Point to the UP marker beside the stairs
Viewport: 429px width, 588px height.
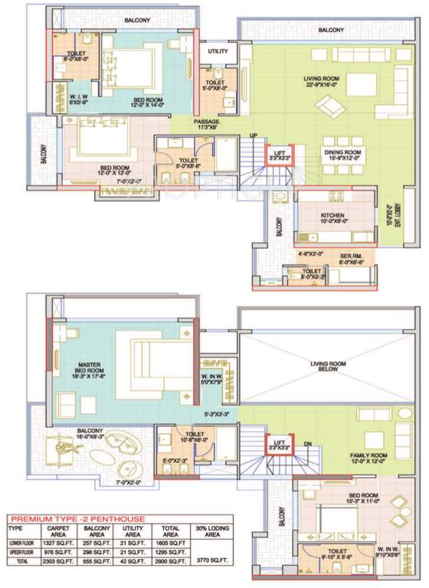(254, 136)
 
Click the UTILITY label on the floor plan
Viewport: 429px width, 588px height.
(218, 51)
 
